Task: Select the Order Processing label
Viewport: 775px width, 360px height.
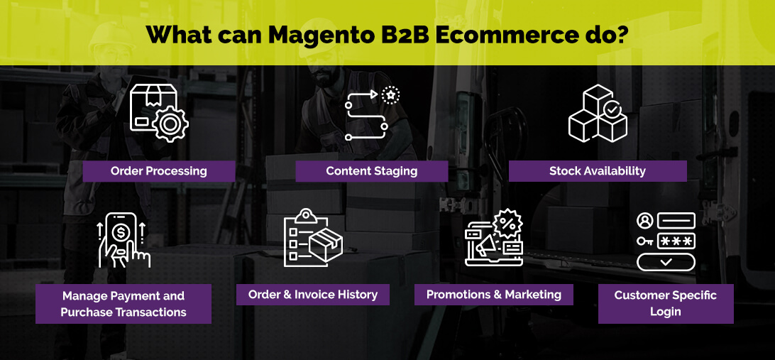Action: coord(159,171)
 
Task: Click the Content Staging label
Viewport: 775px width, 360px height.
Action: coord(372,171)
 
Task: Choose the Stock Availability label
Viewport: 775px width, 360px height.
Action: coord(598,171)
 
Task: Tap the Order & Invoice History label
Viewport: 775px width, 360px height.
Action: coord(313,295)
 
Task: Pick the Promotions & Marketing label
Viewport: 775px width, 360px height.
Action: coord(494,295)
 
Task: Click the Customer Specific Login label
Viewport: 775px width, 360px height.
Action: coord(666,304)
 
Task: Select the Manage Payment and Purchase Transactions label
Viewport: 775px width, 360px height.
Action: coord(123,304)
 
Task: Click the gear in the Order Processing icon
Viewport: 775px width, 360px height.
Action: coord(170,124)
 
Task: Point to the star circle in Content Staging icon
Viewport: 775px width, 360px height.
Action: coord(391,94)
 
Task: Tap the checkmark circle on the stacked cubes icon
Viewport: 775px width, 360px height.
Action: coord(612,109)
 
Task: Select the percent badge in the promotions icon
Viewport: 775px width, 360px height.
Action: coord(507,224)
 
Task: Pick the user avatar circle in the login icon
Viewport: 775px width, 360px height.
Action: coord(644,221)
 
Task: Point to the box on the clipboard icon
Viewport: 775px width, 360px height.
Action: coord(326,245)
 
